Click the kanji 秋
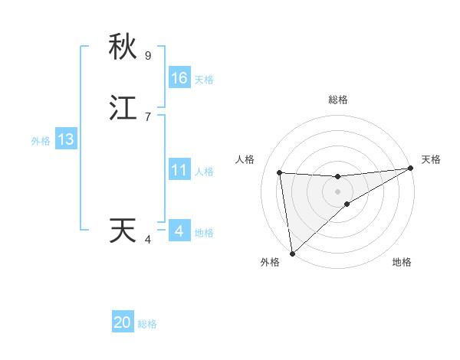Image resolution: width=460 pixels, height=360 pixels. click(x=123, y=47)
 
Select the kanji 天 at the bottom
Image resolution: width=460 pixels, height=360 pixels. click(x=123, y=231)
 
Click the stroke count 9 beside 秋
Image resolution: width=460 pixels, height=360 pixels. click(x=148, y=56)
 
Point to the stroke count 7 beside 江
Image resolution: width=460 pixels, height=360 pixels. click(x=148, y=117)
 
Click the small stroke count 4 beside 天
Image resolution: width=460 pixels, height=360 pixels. click(x=148, y=240)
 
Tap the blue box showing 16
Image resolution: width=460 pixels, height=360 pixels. click(x=179, y=77)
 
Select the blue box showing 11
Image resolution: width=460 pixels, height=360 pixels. click(x=179, y=170)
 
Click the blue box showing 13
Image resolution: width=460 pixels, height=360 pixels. click(x=65, y=139)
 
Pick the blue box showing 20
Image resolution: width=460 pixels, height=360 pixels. click(x=123, y=322)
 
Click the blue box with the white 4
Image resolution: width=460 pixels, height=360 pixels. click(x=179, y=231)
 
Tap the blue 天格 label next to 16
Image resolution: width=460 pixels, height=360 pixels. click(x=204, y=80)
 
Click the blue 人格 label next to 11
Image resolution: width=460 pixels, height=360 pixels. click(x=204, y=172)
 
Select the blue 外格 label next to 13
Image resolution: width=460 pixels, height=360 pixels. click(x=41, y=141)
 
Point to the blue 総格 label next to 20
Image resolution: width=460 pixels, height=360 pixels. click(x=147, y=324)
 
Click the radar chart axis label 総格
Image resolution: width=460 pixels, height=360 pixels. click(x=337, y=100)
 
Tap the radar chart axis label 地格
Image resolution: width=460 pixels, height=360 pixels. click(x=402, y=262)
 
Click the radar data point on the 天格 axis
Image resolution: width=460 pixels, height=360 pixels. click(x=410, y=169)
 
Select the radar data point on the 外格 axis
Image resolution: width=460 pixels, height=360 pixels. click(x=291, y=254)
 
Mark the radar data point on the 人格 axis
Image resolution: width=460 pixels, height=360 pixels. click(x=280, y=172)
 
